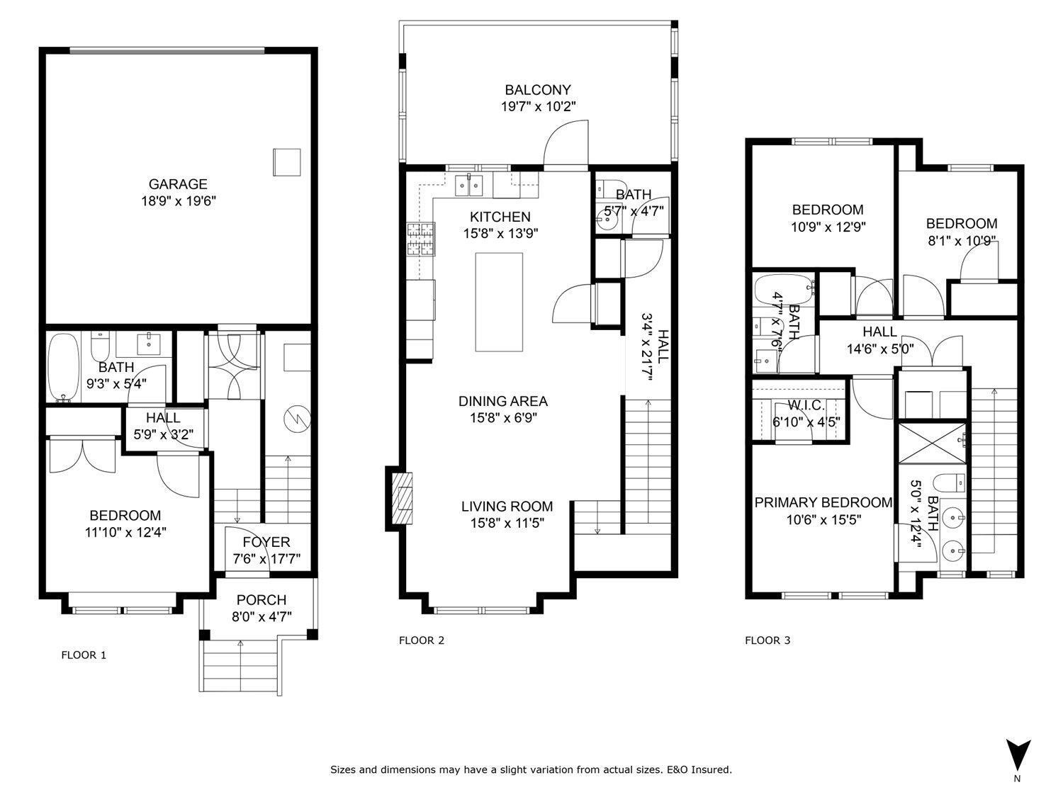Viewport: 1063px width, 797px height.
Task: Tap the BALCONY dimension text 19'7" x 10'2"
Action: pyautogui.click(x=537, y=107)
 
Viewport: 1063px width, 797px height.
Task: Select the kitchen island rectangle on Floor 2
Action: pyautogui.click(x=499, y=302)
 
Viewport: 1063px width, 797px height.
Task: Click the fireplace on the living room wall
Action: pyautogui.click(x=402, y=498)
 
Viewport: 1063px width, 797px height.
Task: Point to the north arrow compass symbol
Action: pyautogui.click(x=1018, y=755)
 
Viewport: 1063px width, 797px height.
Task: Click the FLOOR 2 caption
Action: pyautogui.click(x=422, y=640)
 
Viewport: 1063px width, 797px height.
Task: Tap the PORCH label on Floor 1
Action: pyautogui.click(x=261, y=600)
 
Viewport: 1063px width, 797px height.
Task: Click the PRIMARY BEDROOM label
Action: pyautogui.click(x=823, y=502)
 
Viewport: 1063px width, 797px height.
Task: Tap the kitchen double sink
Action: pyautogui.click(x=468, y=186)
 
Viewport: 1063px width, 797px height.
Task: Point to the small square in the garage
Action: pyautogui.click(x=287, y=162)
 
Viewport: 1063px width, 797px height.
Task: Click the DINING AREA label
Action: pyautogui.click(x=502, y=401)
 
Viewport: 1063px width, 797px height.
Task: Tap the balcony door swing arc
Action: pyautogui.click(x=565, y=143)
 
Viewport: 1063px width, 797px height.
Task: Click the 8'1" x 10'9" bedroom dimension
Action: pyautogui.click(x=962, y=240)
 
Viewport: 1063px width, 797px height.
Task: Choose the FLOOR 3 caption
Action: pyautogui.click(x=767, y=640)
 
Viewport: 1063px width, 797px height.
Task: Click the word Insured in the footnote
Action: pyautogui.click(x=712, y=769)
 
